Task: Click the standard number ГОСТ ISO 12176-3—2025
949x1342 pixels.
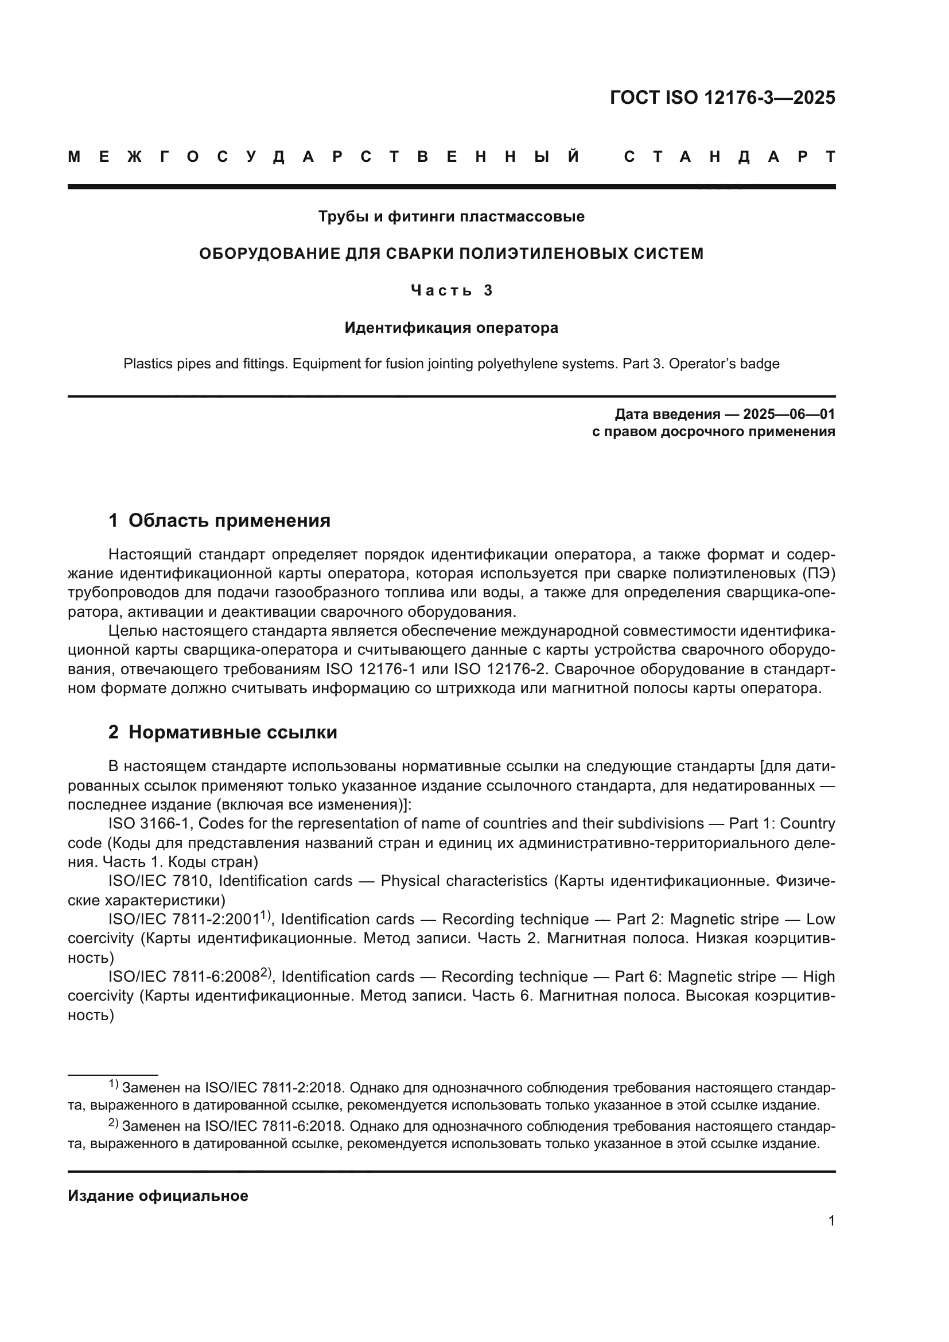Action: [722, 98]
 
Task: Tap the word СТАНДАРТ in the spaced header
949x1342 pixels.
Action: [729, 157]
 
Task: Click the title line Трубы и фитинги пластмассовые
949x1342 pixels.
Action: [451, 217]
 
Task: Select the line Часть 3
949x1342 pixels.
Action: [451, 290]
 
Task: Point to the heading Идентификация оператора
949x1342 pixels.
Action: [451, 328]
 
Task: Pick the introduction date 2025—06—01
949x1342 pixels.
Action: [789, 414]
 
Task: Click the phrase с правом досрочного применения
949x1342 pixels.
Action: [713, 432]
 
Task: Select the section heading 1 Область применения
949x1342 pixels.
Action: [219, 520]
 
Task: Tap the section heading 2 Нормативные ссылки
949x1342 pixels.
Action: [223, 732]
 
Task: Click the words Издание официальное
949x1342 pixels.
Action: [158, 1196]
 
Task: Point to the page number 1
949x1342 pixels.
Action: [831, 1221]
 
